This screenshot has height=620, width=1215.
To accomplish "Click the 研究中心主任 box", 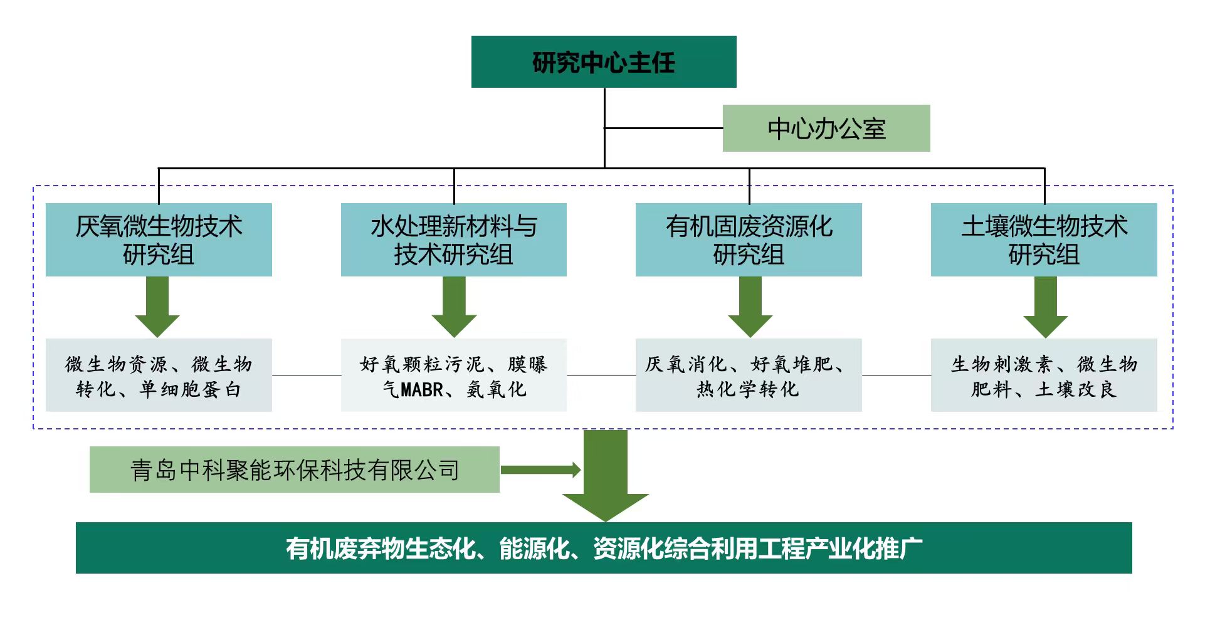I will (603, 61).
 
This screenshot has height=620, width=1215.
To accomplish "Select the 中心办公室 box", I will (826, 129).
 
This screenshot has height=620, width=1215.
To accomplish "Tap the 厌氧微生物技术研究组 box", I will (159, 239).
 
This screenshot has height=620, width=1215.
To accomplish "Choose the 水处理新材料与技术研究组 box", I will (453, 239).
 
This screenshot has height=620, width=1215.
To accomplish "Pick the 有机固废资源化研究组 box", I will (749, 239).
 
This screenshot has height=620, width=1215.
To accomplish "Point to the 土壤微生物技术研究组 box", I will (1044, 239).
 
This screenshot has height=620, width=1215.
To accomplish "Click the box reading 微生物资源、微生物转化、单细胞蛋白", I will (159, 376).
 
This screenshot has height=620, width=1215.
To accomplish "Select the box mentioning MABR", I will (453, 376).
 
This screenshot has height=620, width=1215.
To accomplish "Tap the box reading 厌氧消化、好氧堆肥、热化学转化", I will (749, 376).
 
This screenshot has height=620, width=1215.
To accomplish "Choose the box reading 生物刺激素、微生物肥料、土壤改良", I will (1044, 376).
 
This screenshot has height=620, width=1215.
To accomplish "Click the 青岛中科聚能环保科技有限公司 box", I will (294, 470).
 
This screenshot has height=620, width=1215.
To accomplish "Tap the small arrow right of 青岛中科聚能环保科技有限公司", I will (540, 470).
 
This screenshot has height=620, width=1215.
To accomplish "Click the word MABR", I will (422, 390).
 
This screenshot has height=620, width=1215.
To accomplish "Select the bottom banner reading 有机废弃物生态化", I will (603, 548).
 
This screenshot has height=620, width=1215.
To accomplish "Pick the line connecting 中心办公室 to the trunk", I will (663, 128).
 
